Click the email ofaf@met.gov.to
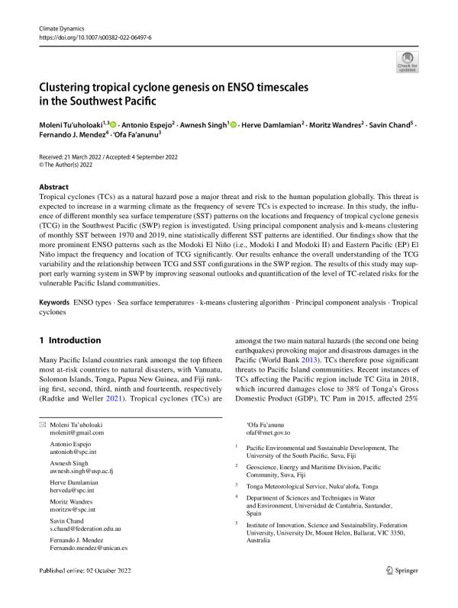271,433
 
